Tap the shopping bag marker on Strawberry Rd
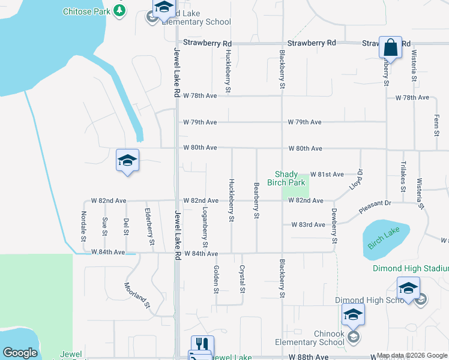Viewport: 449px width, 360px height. pyautogui.click(x=390, y=47)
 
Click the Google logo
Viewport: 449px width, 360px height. pyautogui.click(x=20, y=353)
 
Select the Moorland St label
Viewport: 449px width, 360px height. pyautogui.click(x=136, y=295)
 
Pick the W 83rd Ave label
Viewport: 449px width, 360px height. pyautogui.click(x=308, y=225)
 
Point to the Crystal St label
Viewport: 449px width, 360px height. pyautogui.click(x=243, y=278)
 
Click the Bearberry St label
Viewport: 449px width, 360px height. pyautogui.click(x=256, y=200)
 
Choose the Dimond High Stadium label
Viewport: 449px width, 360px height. pyautogui.click(x=411, y=268)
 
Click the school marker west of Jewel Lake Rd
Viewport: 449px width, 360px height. pyautogui.click(x=127, y=160)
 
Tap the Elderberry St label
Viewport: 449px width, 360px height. pyautogui.click(x=149, y=227)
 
